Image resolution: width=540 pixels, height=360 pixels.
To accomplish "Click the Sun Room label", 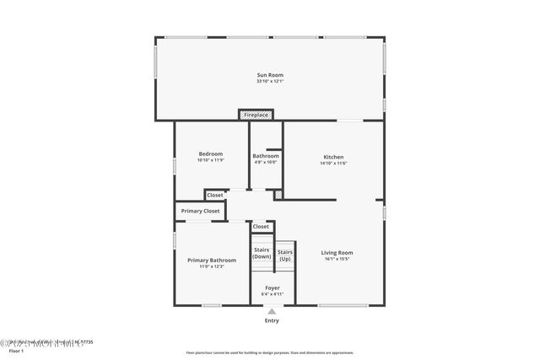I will click(x=270, y=75).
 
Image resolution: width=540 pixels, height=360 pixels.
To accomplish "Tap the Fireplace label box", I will click(x=256, y=115).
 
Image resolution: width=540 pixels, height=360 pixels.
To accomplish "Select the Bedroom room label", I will click(x=211, y=153).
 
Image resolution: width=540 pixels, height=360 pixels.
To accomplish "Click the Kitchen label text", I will click(x=334, y=156).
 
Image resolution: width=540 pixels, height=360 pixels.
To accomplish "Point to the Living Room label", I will click(x=337, y=252).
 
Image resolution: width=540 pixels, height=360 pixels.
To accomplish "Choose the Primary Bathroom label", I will click(x=212, y=260).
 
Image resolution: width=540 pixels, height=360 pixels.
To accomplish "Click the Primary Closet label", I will click(x=200, y=211).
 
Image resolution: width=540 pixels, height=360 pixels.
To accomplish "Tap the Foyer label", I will click(x=273, y=287).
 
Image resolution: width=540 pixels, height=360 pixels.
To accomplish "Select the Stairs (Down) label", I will click(x=262, y=253).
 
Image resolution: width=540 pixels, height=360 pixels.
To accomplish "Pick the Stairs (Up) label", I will click(x=285, y=255).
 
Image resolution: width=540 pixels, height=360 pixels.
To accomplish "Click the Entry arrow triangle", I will click(x=272, y=309).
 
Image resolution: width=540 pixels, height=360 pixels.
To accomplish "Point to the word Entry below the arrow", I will click(x=272, y=320).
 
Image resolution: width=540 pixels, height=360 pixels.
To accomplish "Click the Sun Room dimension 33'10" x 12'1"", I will click(x=270, y=82).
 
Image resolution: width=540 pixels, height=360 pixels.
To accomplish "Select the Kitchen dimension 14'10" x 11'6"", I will click(x=334, y=163).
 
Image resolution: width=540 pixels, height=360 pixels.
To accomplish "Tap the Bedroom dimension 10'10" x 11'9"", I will click(x=211, y=160).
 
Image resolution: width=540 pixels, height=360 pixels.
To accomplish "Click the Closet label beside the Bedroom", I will click(x=215, y=195).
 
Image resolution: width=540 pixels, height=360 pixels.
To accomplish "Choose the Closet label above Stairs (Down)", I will click(x=261, y=226).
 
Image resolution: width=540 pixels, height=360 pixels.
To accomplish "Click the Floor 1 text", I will click(x=17, y=351).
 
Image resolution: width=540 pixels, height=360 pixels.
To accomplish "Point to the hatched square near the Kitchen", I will click(x=278, y=195).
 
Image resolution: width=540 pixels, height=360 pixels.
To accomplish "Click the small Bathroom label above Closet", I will click(x=266, y=156).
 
